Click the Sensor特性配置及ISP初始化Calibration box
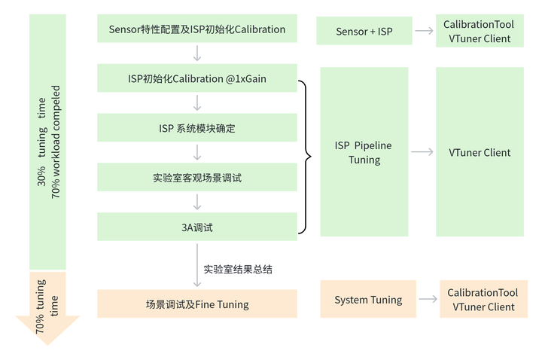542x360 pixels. (197, 29)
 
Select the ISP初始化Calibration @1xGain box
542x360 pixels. (197, 78)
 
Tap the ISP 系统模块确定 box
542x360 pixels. (197, 127)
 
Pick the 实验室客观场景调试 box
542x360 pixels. (197, 177)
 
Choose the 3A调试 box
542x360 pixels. (197, 227)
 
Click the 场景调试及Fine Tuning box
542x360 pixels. (197, 304)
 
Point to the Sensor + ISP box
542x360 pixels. (364, 31)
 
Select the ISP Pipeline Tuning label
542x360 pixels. (364, 152)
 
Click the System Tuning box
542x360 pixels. (368, 299)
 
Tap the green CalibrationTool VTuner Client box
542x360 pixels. (480, 31)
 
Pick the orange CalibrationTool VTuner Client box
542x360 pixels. (483, 299)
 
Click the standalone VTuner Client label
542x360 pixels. (480, 152)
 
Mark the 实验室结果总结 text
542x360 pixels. (238, 269)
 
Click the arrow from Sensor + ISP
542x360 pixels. (424, 31)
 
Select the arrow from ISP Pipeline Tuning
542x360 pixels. (422, 152)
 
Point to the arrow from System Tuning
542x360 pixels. (428, 299)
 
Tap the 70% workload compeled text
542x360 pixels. (56, 142)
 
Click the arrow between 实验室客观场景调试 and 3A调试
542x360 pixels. (197, 202)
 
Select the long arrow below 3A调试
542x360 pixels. (197, 265)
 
